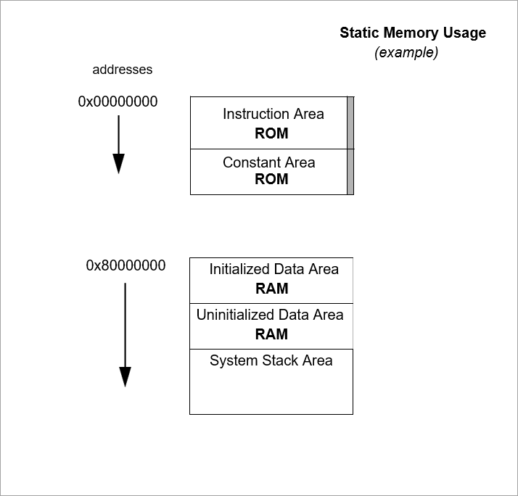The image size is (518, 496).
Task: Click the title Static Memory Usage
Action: tap(413, 33)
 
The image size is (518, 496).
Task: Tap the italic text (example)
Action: tap(406, 53)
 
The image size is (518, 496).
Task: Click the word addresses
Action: tap(123, 70)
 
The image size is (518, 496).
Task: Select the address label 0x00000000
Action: tap(118, 102)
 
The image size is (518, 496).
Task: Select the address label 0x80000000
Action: tap(126, 265)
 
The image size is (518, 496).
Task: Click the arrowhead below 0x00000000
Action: tap(118, 164)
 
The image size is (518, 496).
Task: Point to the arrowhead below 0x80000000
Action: tap(125, 376)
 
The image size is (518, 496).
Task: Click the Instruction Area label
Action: tap(273, 114)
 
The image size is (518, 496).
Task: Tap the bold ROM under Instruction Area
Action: tap(271, 133)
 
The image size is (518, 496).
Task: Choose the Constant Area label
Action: tap(268, 162)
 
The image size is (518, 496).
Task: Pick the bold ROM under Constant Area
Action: tap(271, 179)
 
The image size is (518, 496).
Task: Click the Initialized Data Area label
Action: tap(274, 269)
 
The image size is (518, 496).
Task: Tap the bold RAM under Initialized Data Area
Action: tap(271, 289)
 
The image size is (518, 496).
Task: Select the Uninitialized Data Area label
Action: tap(270, 315)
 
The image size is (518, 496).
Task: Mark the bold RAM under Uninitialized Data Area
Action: tap(271, 334)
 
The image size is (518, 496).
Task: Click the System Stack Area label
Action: tap(271, 360)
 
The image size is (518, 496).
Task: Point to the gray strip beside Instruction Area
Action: tap(350, 123)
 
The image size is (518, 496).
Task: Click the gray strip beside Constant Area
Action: tap(350, 172)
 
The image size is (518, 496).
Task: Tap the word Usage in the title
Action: tap(464, 33)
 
